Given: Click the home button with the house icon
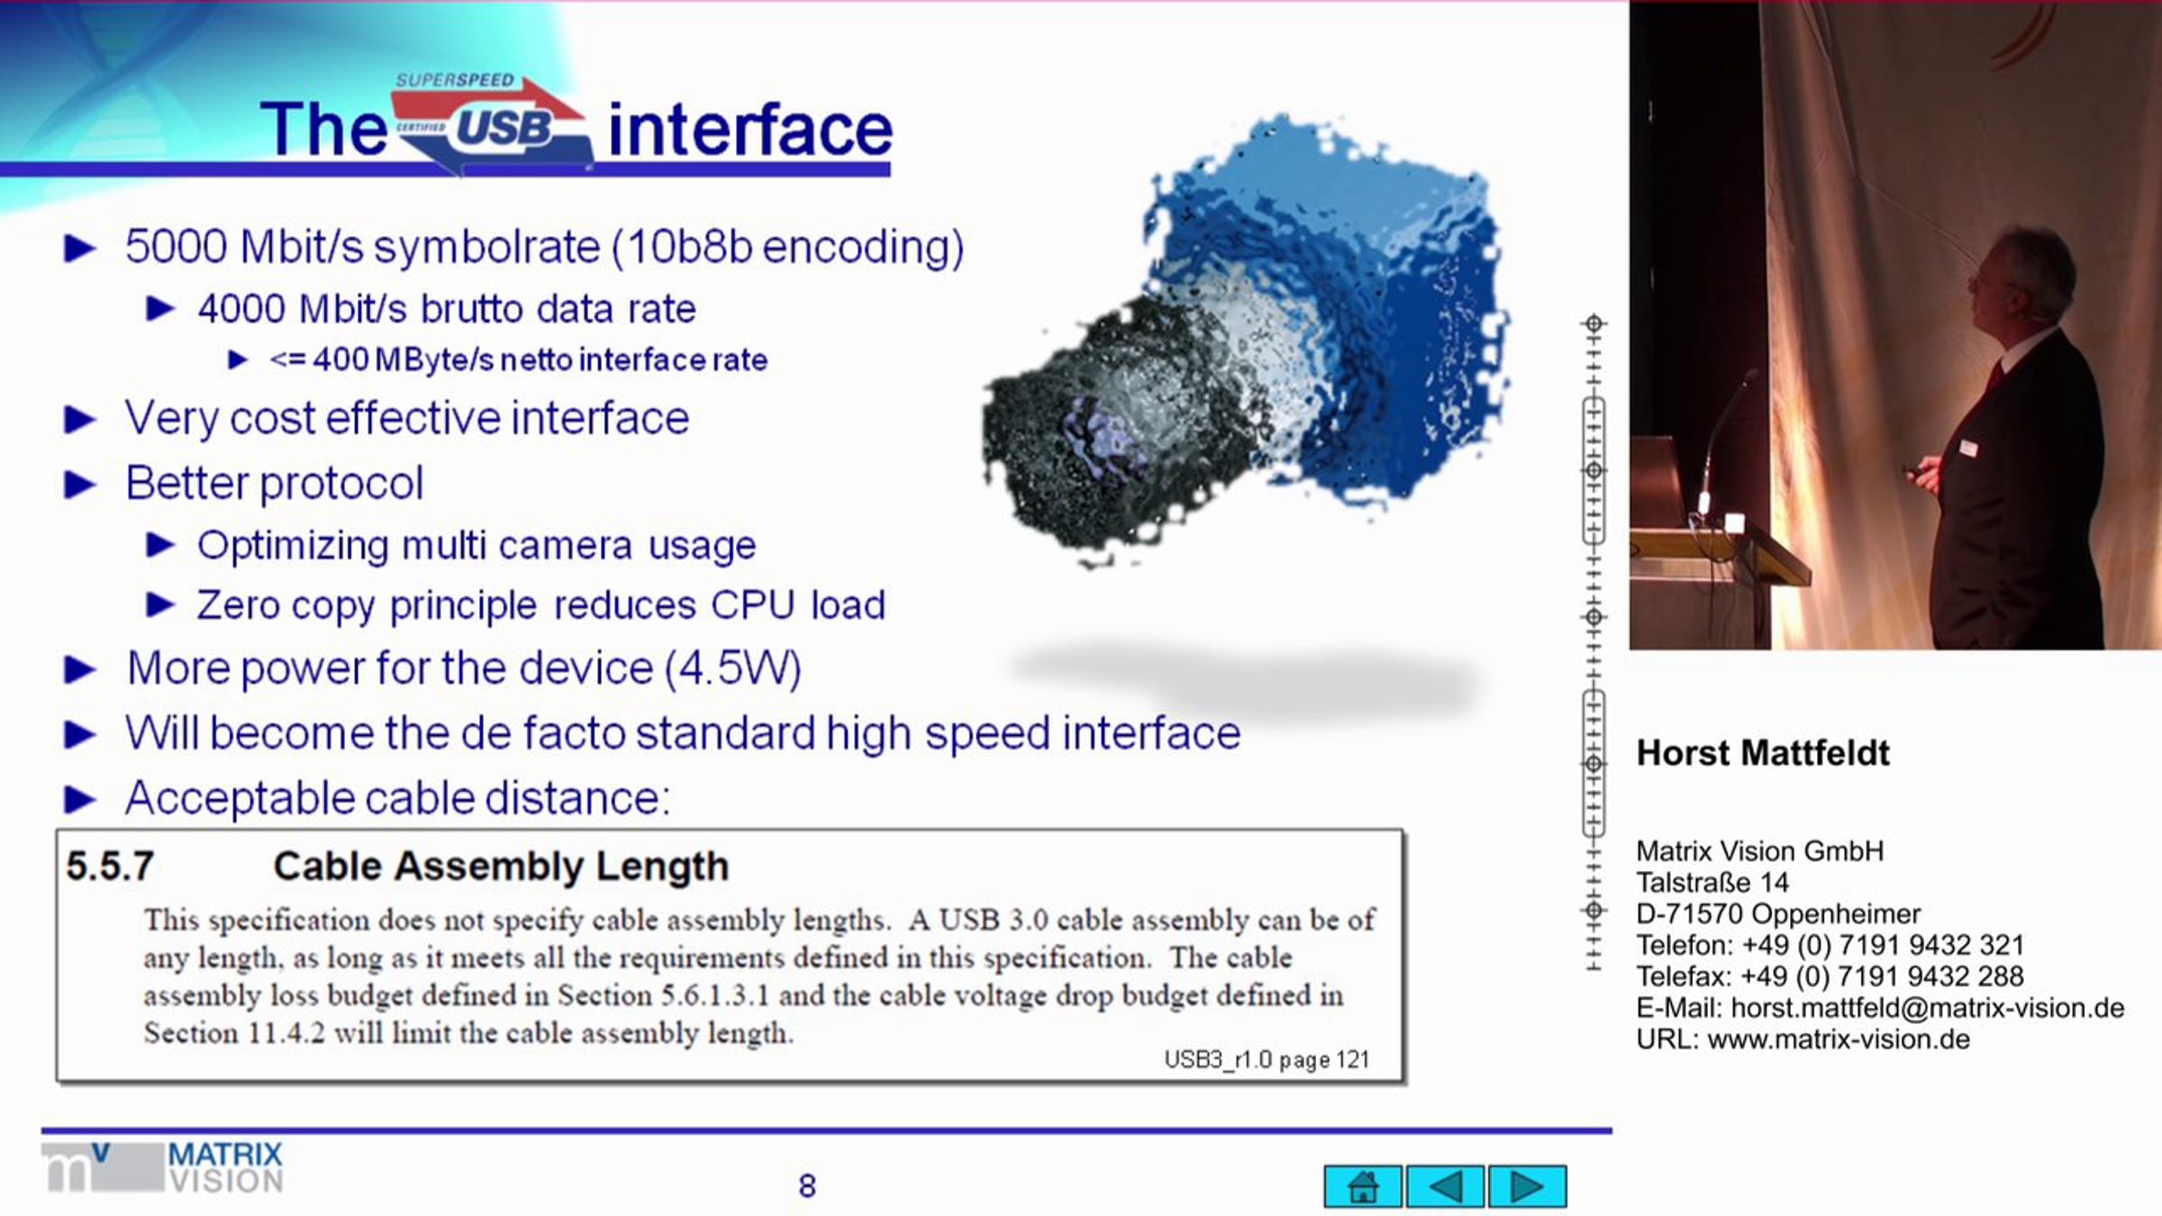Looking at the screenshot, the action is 1362,1186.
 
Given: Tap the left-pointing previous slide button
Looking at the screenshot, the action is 1445,1186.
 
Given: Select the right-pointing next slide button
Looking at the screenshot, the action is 1527,1186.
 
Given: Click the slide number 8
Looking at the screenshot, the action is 807,1186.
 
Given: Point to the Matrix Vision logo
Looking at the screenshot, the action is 163,1168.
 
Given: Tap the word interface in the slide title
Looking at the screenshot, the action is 750,130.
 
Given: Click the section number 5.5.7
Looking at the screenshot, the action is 110,867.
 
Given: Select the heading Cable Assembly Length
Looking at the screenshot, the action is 501,867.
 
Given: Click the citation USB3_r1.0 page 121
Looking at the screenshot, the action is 1267,1059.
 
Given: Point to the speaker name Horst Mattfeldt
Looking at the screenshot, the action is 1762,753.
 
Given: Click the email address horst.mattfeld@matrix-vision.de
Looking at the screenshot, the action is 1928,1008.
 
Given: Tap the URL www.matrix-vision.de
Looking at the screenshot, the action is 1839,1039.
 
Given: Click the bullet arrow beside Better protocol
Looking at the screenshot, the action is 80,485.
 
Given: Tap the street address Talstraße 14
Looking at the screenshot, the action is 1712,883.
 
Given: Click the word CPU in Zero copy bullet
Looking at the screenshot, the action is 752,604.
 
